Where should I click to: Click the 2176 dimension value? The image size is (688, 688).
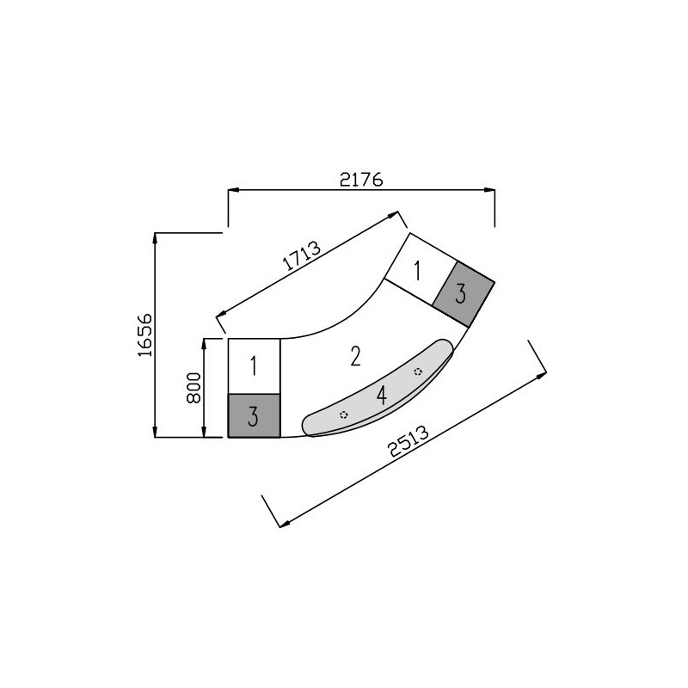(x=361, y=180)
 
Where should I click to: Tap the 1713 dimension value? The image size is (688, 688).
(x=301, y=255)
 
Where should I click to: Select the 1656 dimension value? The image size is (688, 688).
(x=144, y=335)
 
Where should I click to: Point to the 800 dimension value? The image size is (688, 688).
(x=193, y=388)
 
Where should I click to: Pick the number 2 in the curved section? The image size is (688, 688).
(x=355, y=356)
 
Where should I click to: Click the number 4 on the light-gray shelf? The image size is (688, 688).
(x=382, y=396)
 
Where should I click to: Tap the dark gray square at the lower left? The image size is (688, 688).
(x=254, y=415)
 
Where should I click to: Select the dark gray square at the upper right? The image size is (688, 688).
(x=464, y=294)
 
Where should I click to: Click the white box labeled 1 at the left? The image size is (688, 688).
(x=254, y=366)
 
